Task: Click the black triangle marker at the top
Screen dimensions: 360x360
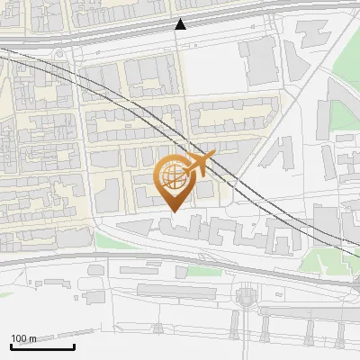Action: click(x=181, y=24)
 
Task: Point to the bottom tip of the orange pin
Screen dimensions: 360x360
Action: click(x=172, y=211)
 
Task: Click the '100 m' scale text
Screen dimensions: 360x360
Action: click(x=23, y=338)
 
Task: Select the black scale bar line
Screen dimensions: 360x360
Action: click(x=42, y=346)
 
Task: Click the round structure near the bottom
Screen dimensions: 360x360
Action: click(x=245, y=297)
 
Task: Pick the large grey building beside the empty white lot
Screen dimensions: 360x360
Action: click(x=259, y=58)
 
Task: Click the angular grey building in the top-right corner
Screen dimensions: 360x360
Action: click(x=312, y=33)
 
